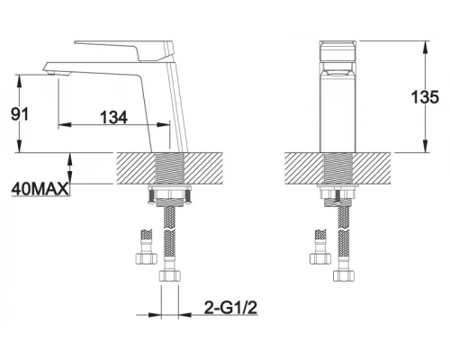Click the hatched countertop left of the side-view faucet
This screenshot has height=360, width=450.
tap(135, 168)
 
